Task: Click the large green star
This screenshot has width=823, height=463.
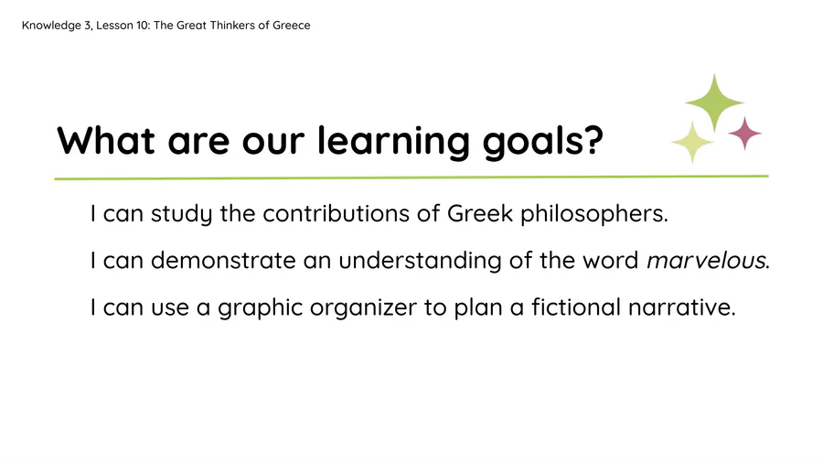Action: (714, 102)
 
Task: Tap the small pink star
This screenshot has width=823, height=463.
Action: (744, 134)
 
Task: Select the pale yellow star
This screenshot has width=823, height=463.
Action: (692, 142)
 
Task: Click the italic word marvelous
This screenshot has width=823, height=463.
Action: (708, 261)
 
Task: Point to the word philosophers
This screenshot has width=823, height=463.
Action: (594, 214)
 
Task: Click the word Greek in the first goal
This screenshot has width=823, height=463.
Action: (480, 213)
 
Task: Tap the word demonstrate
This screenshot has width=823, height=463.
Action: (223, 261)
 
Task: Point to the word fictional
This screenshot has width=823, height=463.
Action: (576, 307)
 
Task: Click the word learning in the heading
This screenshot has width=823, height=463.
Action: (393, 142)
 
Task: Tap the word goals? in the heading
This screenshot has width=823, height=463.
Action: (543, 142)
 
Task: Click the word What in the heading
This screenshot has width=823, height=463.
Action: (106, 141)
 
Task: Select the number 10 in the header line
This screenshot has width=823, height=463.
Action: (143, 26)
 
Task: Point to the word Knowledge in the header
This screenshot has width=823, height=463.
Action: (51, 26)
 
